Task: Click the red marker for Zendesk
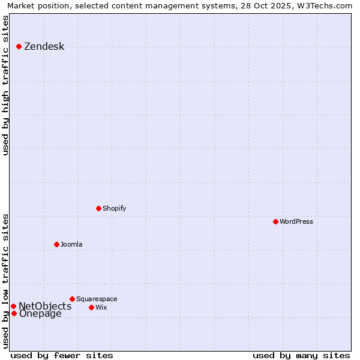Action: [19, 46]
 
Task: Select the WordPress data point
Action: [275, 221]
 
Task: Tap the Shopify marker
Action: [98, 208]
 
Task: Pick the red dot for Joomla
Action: [56, 244]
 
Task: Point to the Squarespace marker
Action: [72, 299]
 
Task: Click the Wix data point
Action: [91, 307]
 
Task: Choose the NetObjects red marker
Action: [13, 306]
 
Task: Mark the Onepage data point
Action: [14, 313]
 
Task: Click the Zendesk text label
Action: [44, 47]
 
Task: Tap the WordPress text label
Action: [296, 221]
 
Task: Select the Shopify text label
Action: [115, 208]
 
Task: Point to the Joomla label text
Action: [71, 244]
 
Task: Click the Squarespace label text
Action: [97, 299]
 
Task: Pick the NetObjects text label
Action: [45, 306]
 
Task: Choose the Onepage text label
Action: [40, 314]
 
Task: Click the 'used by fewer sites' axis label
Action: [62, 355]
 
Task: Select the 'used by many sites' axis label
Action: [301, 355]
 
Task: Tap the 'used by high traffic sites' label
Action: [5, 85]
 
